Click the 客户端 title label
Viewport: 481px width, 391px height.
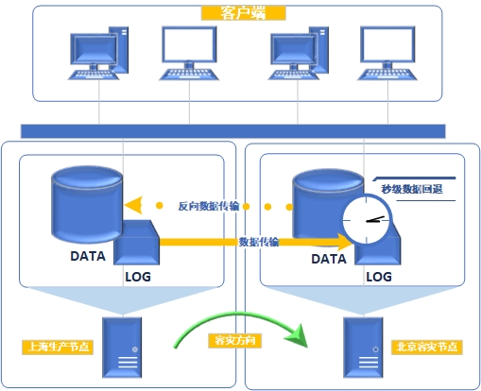[x=243, y=13]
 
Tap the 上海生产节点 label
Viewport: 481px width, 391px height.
[x=58, y=347]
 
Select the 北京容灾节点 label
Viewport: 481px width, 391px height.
[x=427, y=347]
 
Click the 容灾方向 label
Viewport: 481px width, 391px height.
[x=235, y=340]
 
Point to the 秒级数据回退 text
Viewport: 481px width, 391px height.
[x=412, y=189]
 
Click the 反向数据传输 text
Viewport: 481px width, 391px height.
[x=209, y=206]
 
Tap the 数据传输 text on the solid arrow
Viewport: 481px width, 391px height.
[x=259, y=242]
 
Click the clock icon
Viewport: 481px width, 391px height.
[x=367, y=220]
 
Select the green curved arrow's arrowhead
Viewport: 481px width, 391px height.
[x=297, y=336]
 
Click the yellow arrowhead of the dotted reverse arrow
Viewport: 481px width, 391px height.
[x=133, y=205]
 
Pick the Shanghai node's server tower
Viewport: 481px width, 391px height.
[x=122, y=348]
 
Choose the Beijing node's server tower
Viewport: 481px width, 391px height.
[x=363, y=348]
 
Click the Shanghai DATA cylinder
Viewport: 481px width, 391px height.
[x=87, y=205]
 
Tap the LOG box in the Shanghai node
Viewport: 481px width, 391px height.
[x=136, y=243]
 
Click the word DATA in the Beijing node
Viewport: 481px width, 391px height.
[x=329, y=259]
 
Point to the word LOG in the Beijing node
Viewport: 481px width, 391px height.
[x=379, y=277]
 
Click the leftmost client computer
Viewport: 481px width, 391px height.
[x=98, y=53]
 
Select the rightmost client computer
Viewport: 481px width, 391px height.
[x=387, y=53]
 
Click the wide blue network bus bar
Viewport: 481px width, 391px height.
[x=233, y=131]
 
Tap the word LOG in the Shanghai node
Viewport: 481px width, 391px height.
[x=138, y=277]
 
